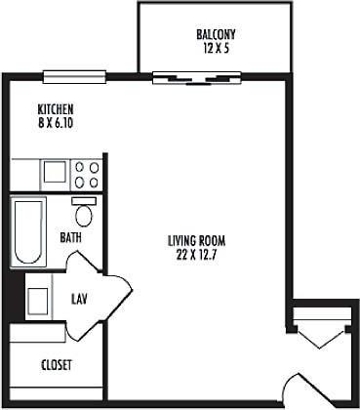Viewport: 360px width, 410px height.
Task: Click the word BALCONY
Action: [x=215, y=33]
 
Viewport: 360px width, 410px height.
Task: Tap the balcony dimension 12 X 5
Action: [x=215, y=47]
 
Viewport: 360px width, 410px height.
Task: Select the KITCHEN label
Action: [x=56, y=108]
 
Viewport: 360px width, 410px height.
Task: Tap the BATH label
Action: [x=70, y=237]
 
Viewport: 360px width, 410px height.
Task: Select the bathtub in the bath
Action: [x=28, y=231]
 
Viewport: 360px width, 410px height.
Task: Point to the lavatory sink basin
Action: [x=39, y=297]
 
